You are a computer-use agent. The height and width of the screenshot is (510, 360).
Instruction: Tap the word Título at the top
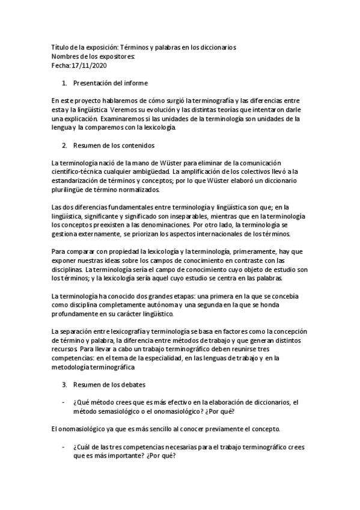(61, 47)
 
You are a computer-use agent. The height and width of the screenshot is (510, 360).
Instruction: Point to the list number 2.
(64, 146)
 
